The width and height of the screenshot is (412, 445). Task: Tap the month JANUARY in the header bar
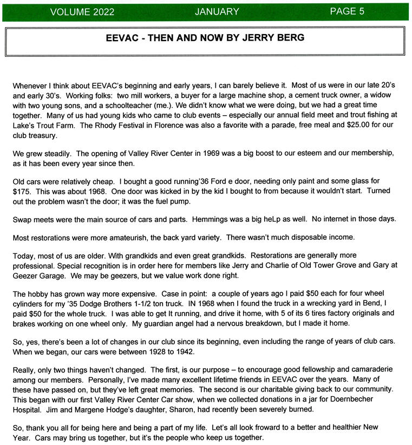tap(217, 11)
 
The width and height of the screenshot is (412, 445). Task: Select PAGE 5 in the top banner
tap(347, 11)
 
